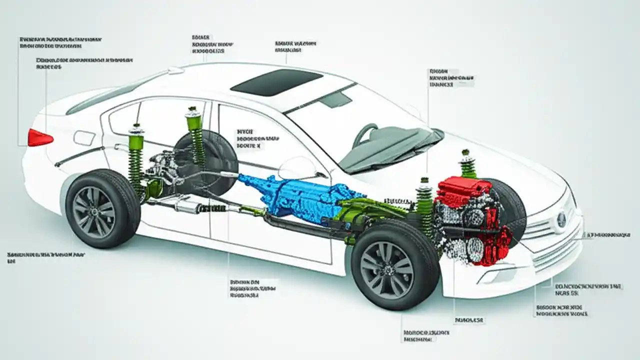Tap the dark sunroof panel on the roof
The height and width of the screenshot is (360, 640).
coord(276,82)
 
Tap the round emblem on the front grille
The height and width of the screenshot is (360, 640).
coord(561,218)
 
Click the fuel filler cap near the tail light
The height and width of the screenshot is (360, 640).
coord(84,137)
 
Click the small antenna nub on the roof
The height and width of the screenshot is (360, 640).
coord(175,71)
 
